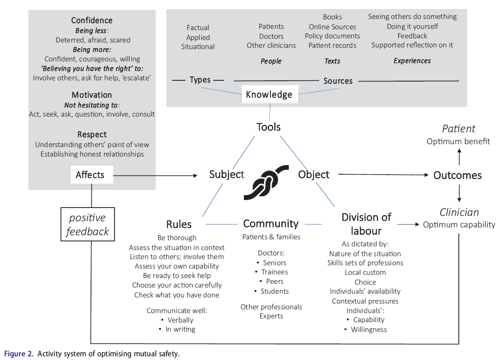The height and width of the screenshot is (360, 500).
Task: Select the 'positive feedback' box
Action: pos(87,224)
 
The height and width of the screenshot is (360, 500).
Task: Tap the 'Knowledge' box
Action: pos(269,94)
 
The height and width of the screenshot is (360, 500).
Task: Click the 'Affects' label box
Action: pos(90,175)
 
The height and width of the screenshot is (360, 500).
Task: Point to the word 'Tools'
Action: pos(269,127)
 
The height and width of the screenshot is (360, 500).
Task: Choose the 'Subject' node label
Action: pos(227,174)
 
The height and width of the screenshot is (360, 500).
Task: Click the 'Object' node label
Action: pos(314,174)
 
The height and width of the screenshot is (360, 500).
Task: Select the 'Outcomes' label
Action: pos(458,175)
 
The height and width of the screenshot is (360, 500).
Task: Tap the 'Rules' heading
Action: pos(179,224)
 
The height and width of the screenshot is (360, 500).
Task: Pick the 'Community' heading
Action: pos(271,224)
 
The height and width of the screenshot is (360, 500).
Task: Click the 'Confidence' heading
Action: pos(91,20)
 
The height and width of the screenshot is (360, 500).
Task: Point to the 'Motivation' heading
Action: pos(92,95)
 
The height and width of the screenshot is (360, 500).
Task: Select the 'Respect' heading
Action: pos(92,134)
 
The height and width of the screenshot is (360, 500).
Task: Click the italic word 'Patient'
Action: pos(458,129)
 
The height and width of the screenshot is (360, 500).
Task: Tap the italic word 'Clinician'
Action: pos(459,212)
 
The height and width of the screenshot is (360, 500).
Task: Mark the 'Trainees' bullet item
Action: pos(274,272)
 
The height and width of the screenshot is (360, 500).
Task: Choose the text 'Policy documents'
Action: pos(332,36)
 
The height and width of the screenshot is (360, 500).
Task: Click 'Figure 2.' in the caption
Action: pos(19,353)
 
